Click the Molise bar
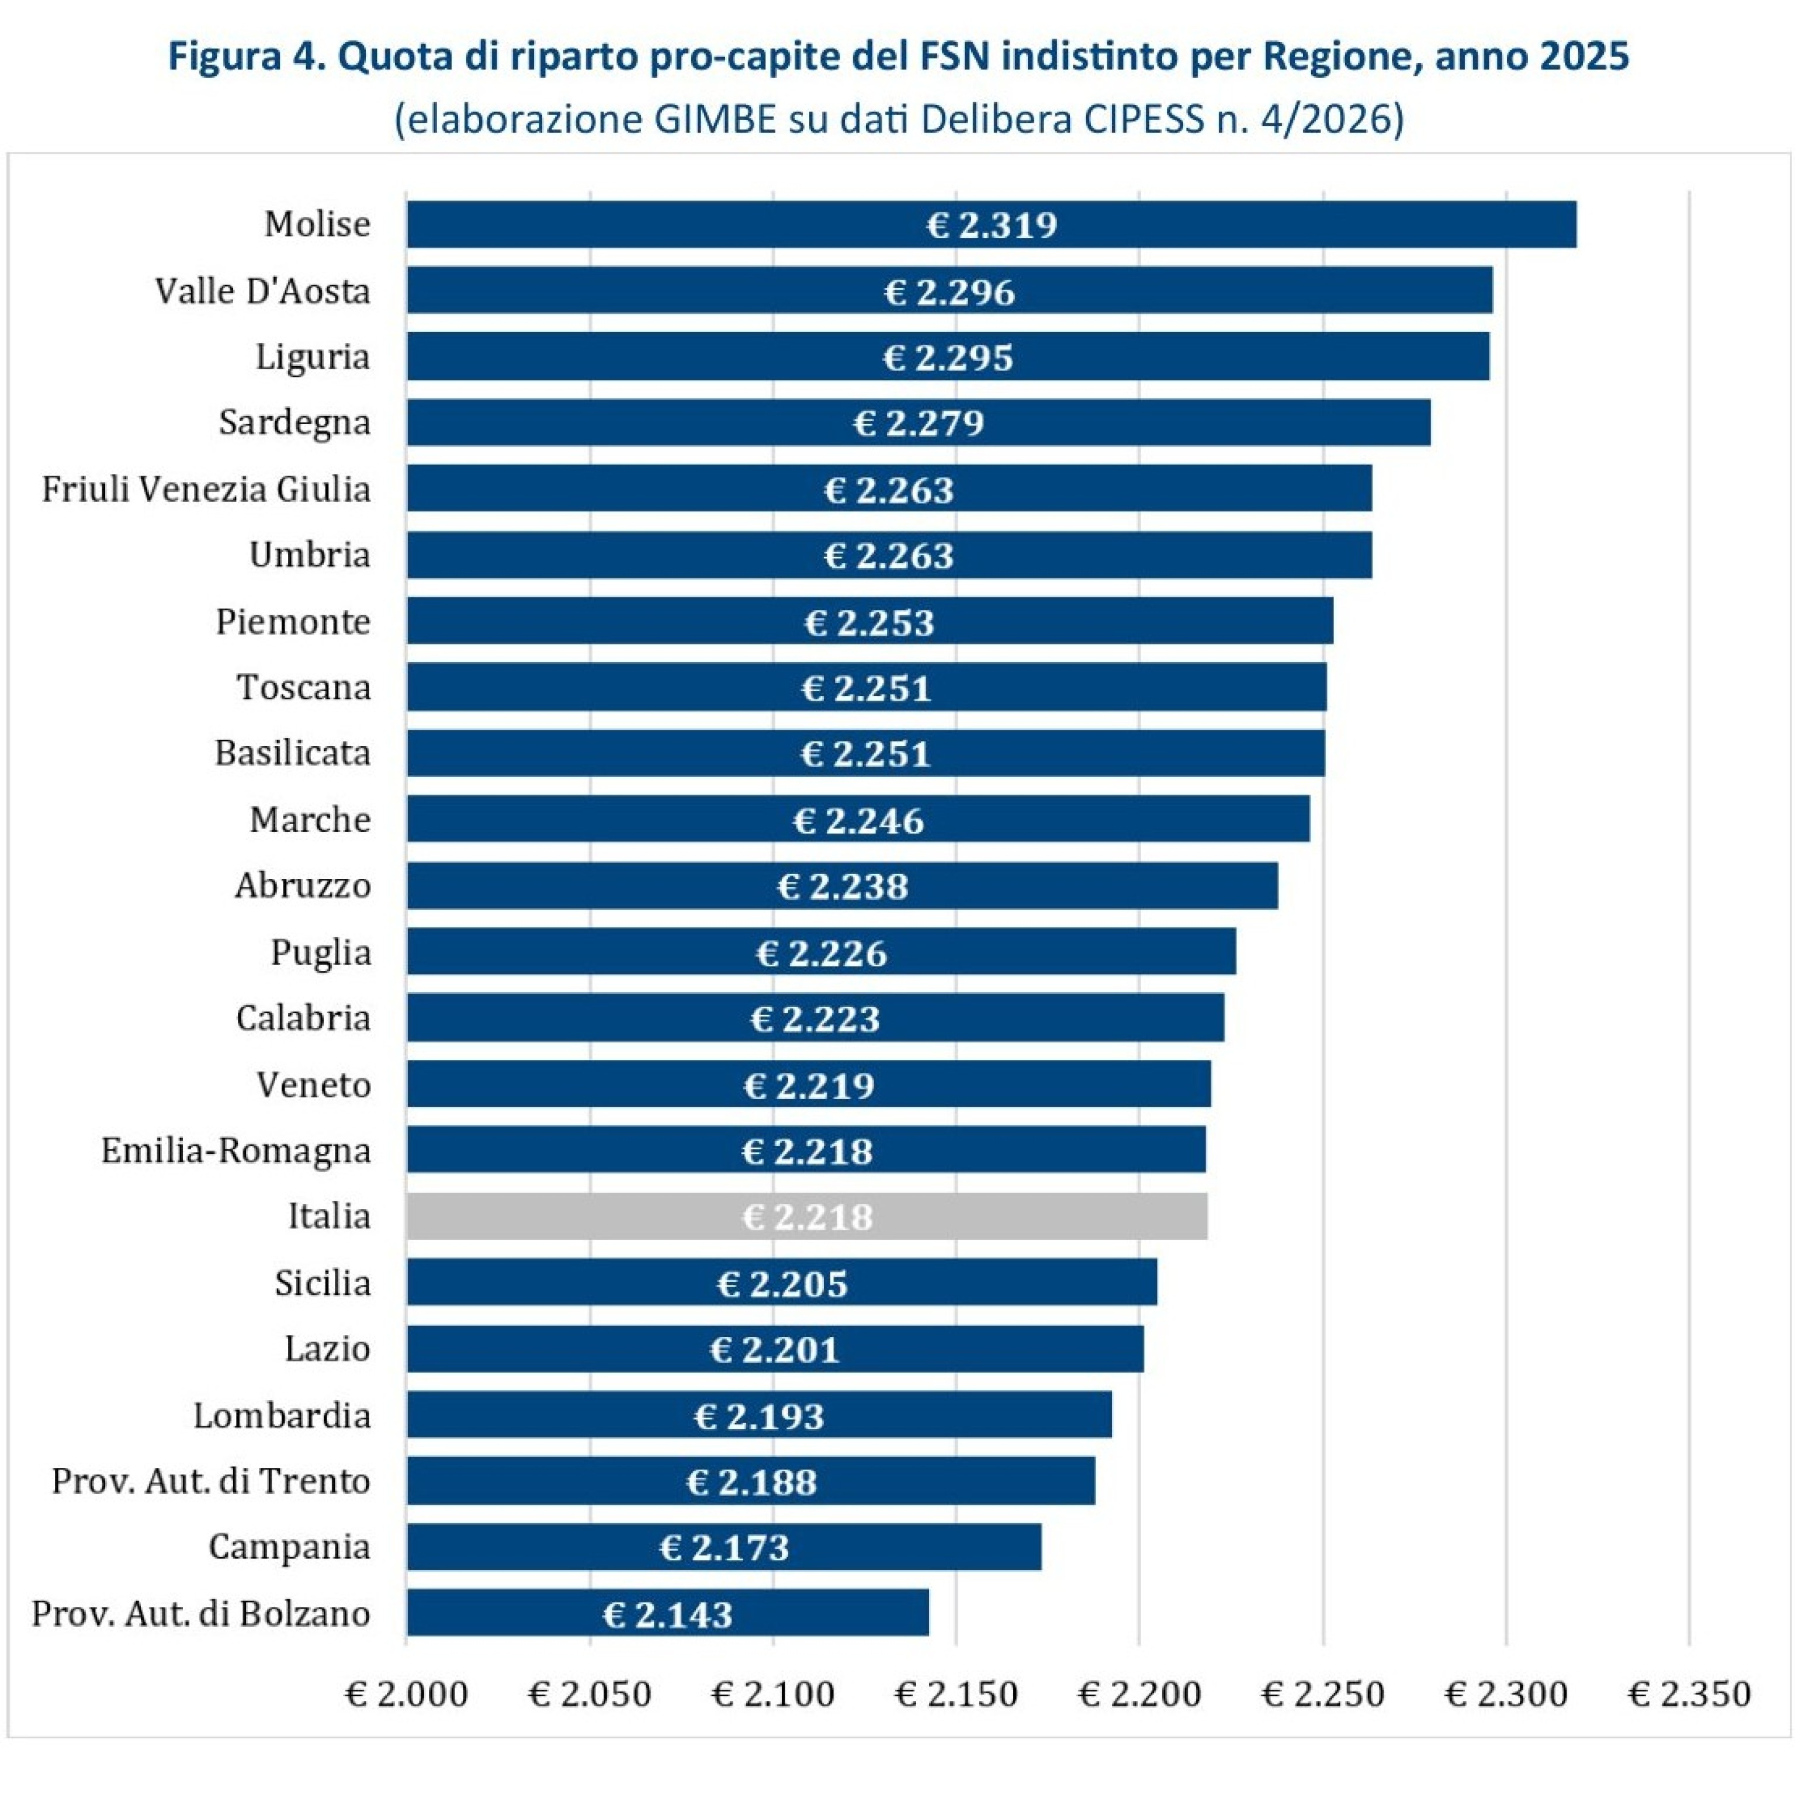[x=992, y=224]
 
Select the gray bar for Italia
[x=806, y=1216]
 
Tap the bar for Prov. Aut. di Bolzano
[x=667, y=1613]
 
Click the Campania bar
[x=724, y=1547]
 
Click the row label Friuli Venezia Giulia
[x=206, y=488]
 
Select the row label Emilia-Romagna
[x=236, y=1150]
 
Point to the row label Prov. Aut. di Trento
[x=211, y=1481]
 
